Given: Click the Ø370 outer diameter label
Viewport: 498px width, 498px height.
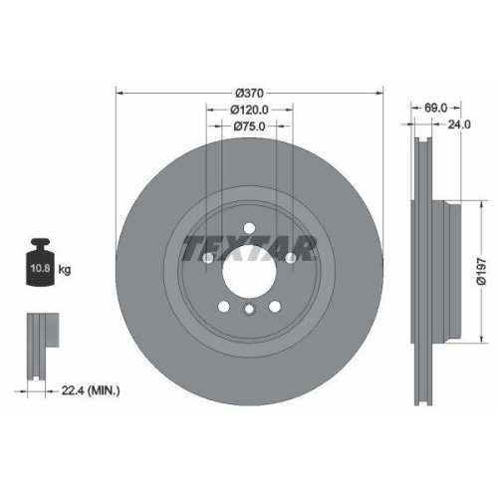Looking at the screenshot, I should [248, 92].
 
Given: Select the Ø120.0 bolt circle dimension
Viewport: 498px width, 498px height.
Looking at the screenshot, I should [248, 109].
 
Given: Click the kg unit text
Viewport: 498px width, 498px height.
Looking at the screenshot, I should [66, 270].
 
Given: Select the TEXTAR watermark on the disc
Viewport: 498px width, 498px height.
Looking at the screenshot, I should [248, 247].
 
